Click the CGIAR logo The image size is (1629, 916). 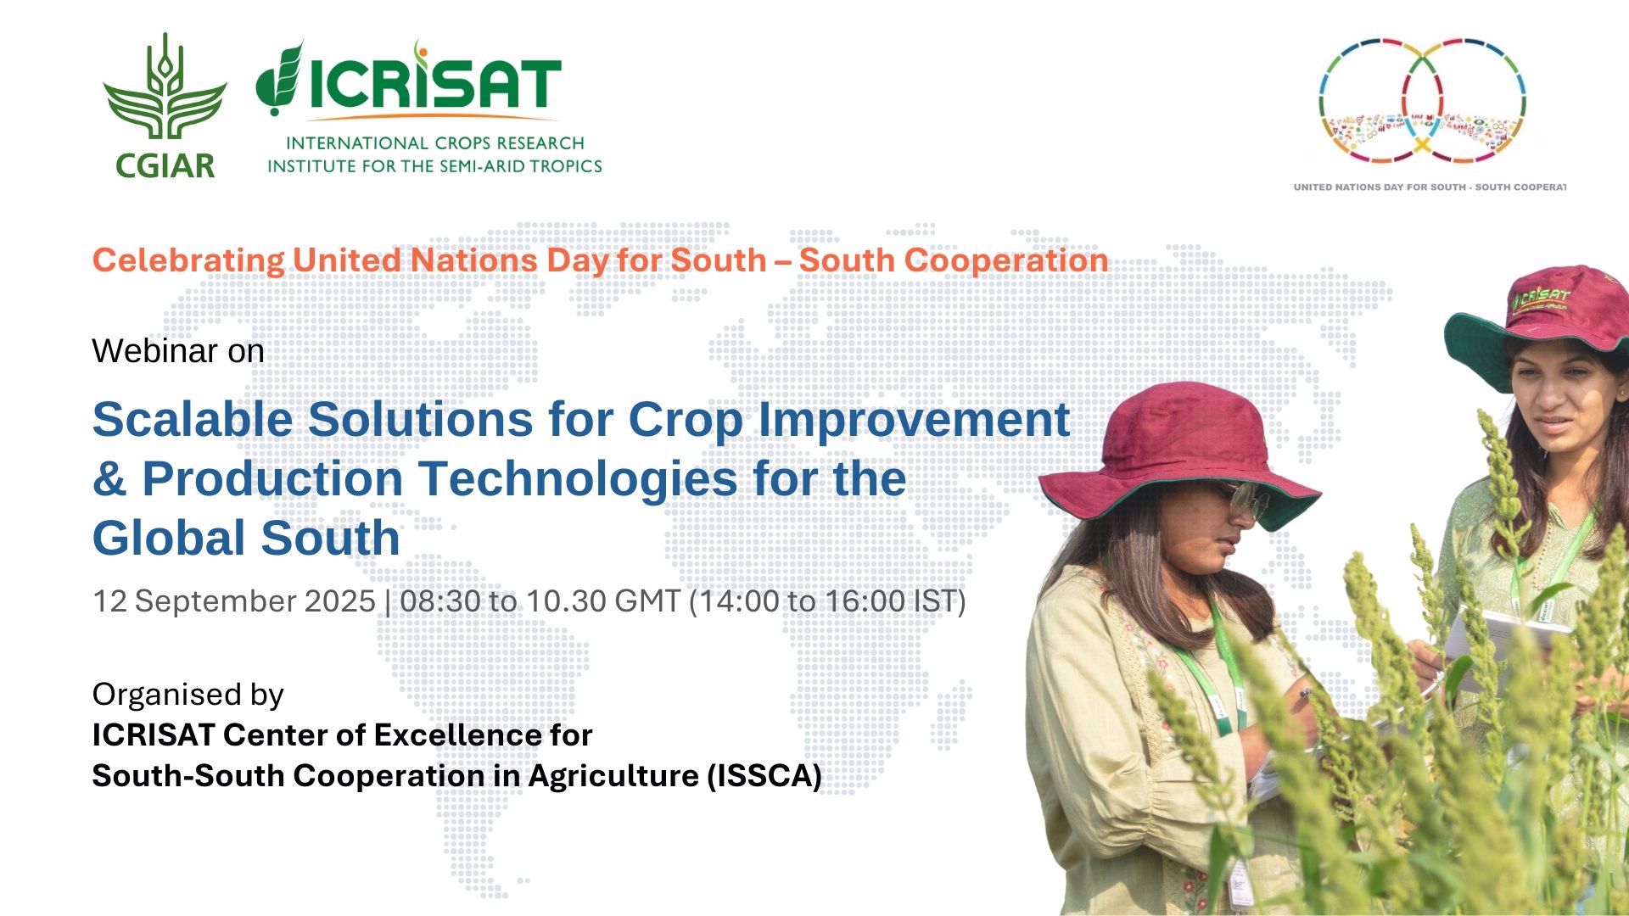165,106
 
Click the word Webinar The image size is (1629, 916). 155,350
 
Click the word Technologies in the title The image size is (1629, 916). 578,479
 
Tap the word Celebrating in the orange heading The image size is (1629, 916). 188,260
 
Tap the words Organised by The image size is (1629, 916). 188,695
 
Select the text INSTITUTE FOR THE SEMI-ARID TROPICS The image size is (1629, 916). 434,166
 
